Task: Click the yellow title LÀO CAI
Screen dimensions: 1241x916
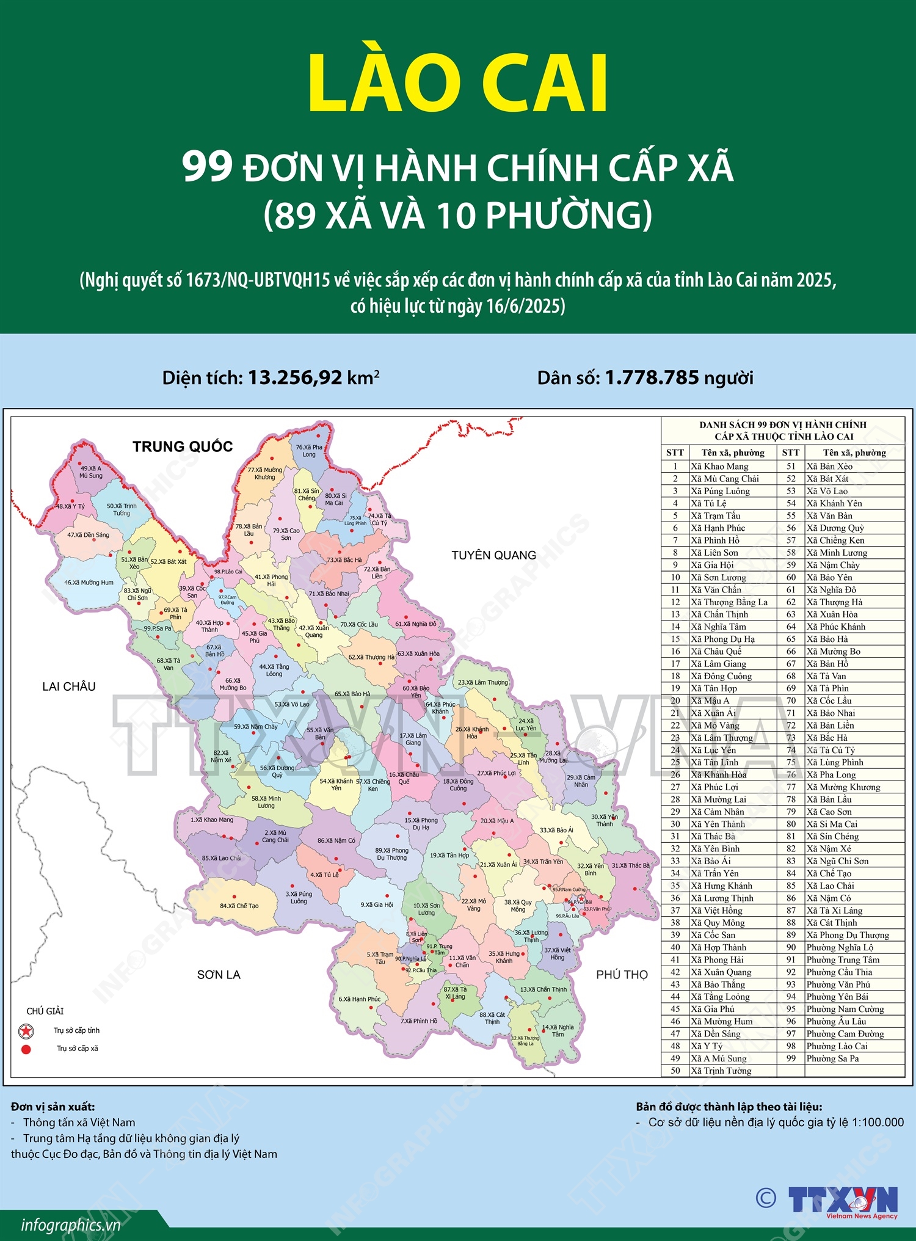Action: click(458, 84)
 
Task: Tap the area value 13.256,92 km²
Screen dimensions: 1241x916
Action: click(313, 377)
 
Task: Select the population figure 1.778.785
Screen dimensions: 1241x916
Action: click(651, 377)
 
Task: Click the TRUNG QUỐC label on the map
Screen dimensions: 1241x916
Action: click(183, 446)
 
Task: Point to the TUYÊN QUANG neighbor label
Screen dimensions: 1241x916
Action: click(493, 555)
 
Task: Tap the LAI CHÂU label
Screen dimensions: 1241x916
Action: click(69, 686)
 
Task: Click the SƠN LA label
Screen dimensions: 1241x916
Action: click(219, 975)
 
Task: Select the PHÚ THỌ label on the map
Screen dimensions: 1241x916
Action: click(622, 975)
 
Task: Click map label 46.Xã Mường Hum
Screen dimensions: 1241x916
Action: click(89, 583)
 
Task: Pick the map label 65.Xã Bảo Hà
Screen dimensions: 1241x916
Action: click(352, 694)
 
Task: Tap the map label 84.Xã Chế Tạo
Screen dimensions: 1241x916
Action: click(239, 906)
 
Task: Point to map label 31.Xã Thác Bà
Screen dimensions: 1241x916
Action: click(631, 865)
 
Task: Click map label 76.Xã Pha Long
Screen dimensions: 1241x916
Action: click(309, 451)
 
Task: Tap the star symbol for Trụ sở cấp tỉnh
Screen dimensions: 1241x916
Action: click(26, 1032)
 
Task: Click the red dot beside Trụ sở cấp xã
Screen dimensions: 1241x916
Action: click(26, 1049)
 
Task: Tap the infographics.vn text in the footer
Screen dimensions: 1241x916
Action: click(70, 1225)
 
